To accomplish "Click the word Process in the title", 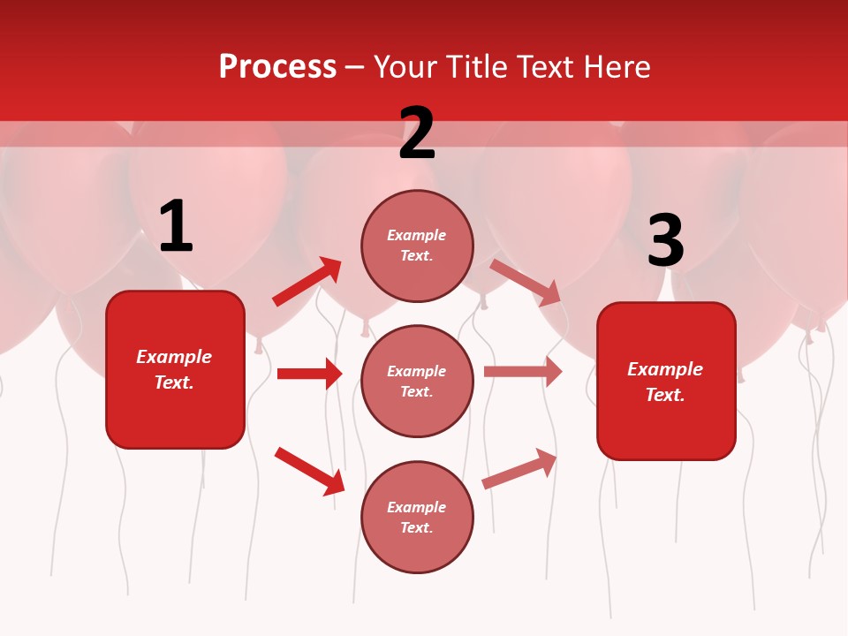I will pos(277,67).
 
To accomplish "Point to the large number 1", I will pos(176,227).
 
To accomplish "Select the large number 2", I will pos(417,134).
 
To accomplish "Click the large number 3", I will pos(665,240).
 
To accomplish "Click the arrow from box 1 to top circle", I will pos(307,282).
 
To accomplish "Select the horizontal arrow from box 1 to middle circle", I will pos(309,374).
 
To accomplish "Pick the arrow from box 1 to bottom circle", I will pos(309,471).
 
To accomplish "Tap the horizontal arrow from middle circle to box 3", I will pos(522,372).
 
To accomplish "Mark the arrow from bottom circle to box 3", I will pos(519,469).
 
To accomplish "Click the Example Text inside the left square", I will pos(175,369).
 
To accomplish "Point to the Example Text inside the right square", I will pos(665,382).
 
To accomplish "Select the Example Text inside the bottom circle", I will pos(417,517).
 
